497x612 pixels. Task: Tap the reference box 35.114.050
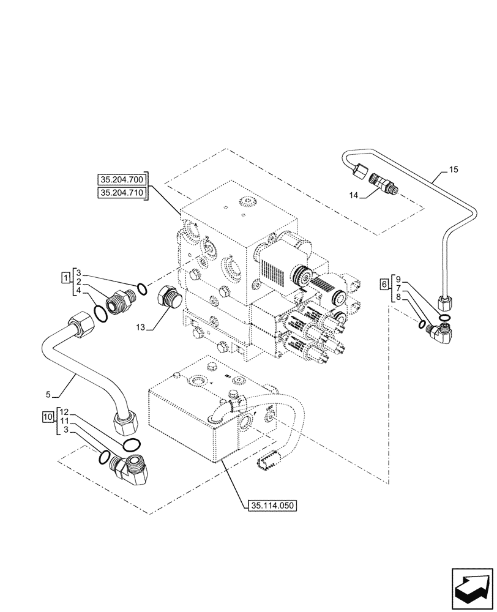[x=272, y=506]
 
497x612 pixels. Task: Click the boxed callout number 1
[x=65, y=278]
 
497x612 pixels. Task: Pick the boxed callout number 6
[x=384, y=284]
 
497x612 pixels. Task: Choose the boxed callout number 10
[x=48, y=417]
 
